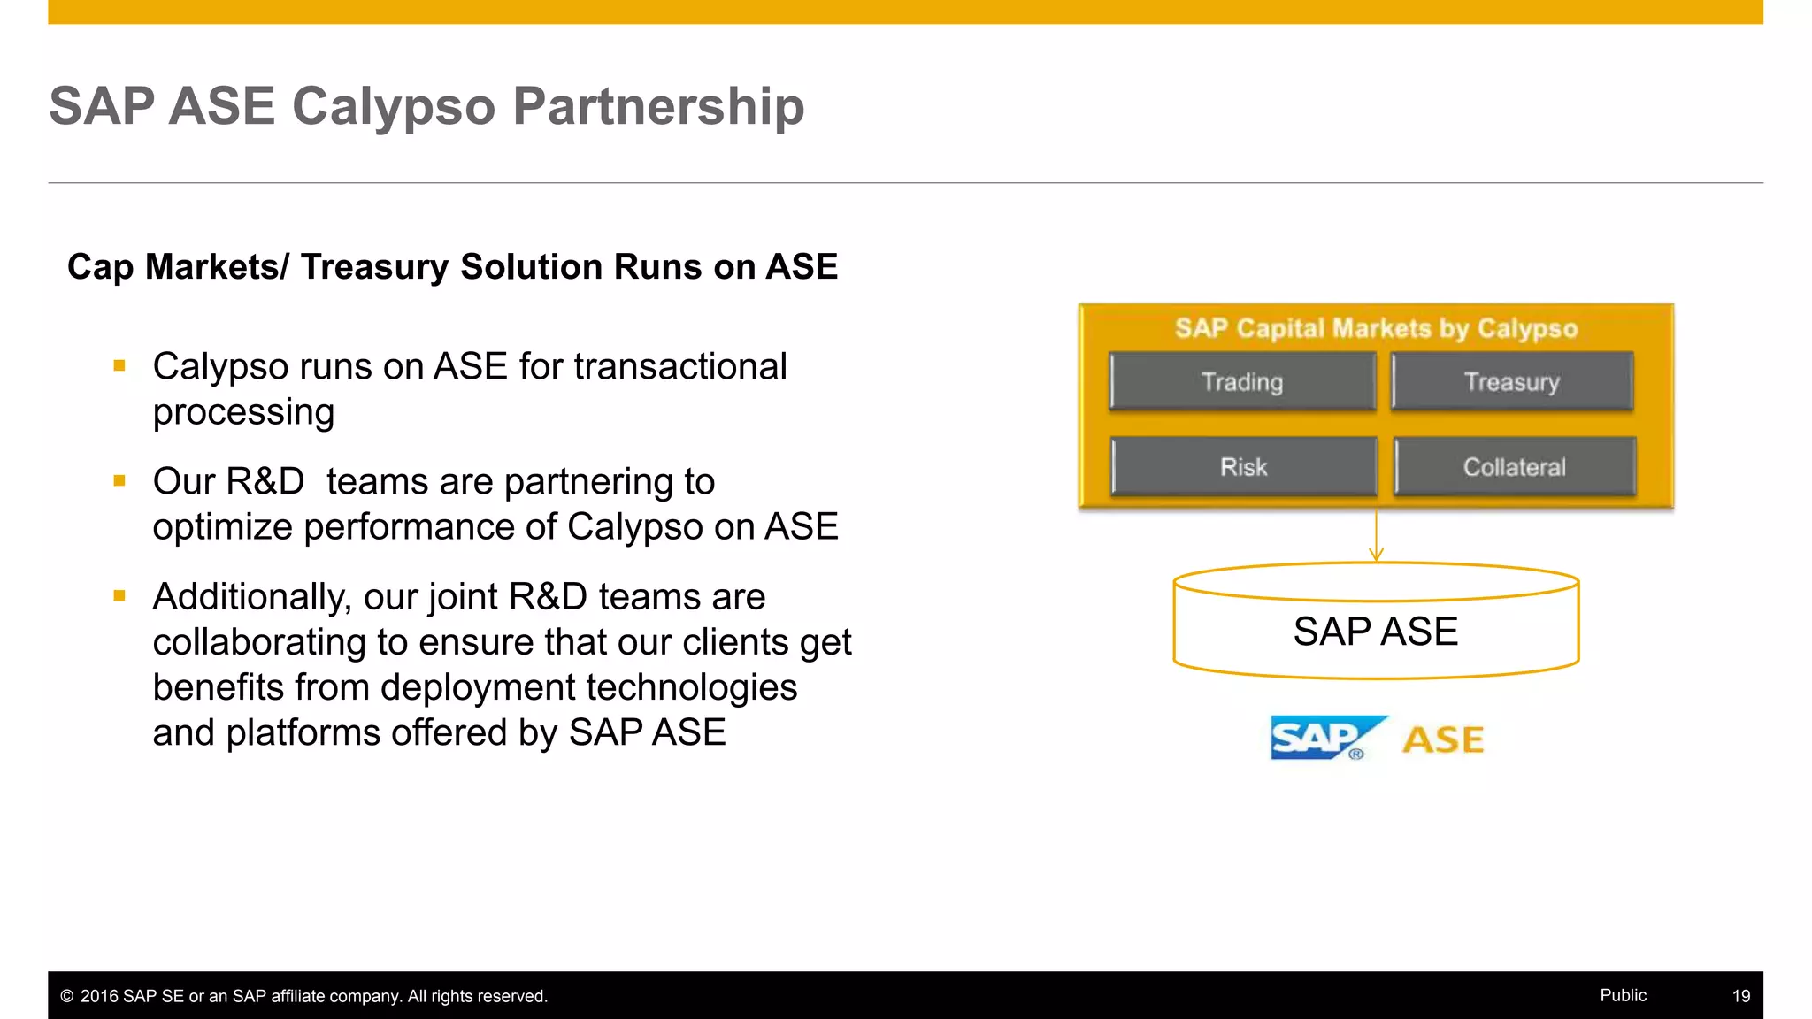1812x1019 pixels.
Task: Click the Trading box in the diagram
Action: point(1242,381)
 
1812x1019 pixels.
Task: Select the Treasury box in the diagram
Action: point(1511,381)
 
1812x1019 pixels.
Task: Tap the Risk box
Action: point(1243,466)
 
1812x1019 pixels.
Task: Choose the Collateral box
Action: point(1514,466)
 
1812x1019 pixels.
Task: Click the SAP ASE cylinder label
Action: point(1375,632)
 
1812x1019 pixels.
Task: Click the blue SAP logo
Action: point(1323,738)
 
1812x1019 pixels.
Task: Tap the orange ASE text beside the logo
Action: point(1443,740)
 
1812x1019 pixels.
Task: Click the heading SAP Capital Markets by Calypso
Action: point(1376,328)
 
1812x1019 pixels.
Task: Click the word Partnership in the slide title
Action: point(658,106)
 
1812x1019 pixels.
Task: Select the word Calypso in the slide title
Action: point(393,108)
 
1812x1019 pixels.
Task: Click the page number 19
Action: point(1740,996)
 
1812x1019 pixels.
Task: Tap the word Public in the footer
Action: point(1623,995)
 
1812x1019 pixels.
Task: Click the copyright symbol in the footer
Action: point(66,997)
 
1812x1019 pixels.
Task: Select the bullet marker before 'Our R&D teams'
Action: point(119,481)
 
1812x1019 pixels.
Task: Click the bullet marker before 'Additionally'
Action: point(119,596)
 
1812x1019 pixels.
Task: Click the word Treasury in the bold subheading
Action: point(374,267)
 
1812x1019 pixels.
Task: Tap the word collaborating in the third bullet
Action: point(259,642)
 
